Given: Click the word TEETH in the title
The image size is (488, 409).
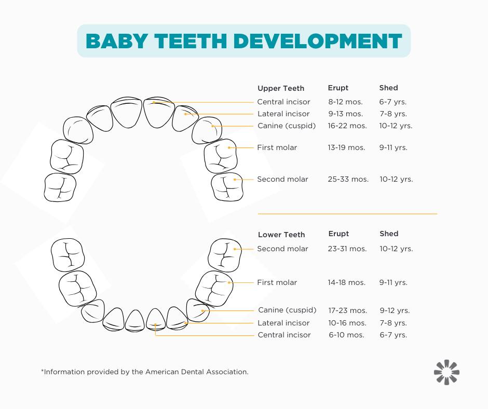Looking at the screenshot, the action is [191, 41].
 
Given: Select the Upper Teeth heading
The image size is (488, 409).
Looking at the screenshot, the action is [281, 88].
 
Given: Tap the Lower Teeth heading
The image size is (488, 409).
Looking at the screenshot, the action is [281, 235].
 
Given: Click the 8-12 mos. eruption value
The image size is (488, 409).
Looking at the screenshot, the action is [345, 102].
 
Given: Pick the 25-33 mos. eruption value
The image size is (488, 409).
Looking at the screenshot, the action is [348, 179].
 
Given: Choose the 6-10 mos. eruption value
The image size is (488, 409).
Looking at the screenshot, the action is [346, 335].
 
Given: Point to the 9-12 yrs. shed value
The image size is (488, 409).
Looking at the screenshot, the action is [395, 310].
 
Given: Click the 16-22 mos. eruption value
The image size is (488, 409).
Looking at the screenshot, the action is [347, 126].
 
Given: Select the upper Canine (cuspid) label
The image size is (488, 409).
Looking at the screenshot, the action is [287, 126].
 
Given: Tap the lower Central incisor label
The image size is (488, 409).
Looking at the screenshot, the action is [284, 335].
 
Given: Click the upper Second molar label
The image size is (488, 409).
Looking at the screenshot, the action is [282, 179].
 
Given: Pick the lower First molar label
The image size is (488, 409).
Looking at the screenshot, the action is [277, 283].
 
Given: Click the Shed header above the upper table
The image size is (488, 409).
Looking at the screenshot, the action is [388, 88].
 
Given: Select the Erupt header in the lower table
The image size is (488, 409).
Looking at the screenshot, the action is [338, 234].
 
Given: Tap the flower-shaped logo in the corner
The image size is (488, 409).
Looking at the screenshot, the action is [446, 372].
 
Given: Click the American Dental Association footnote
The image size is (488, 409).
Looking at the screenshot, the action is [145, 372].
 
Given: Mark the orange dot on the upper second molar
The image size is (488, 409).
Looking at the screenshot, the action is [235, 180].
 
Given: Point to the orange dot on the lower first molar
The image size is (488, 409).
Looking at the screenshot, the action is [229, 283].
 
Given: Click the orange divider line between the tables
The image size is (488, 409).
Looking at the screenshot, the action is [347, 214].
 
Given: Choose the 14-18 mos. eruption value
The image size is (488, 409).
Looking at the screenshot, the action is [347, 283].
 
